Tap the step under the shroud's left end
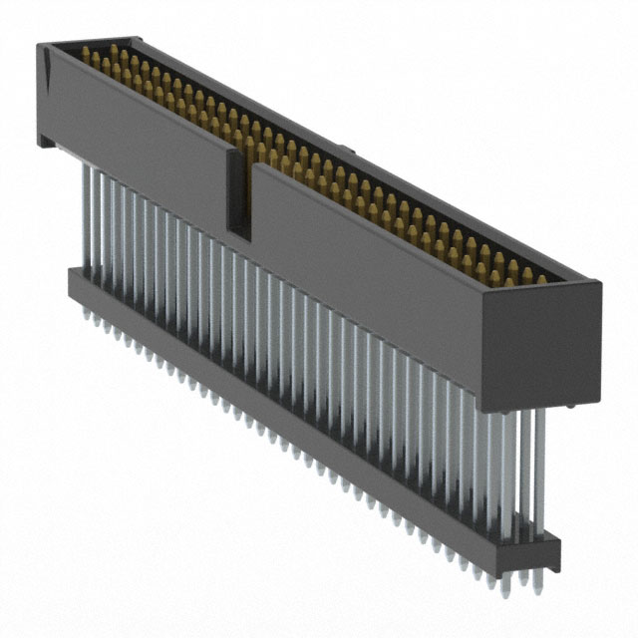(44, 141)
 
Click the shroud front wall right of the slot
(369, 269)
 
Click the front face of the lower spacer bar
(299, 419)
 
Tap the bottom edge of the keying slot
(239, 231)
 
